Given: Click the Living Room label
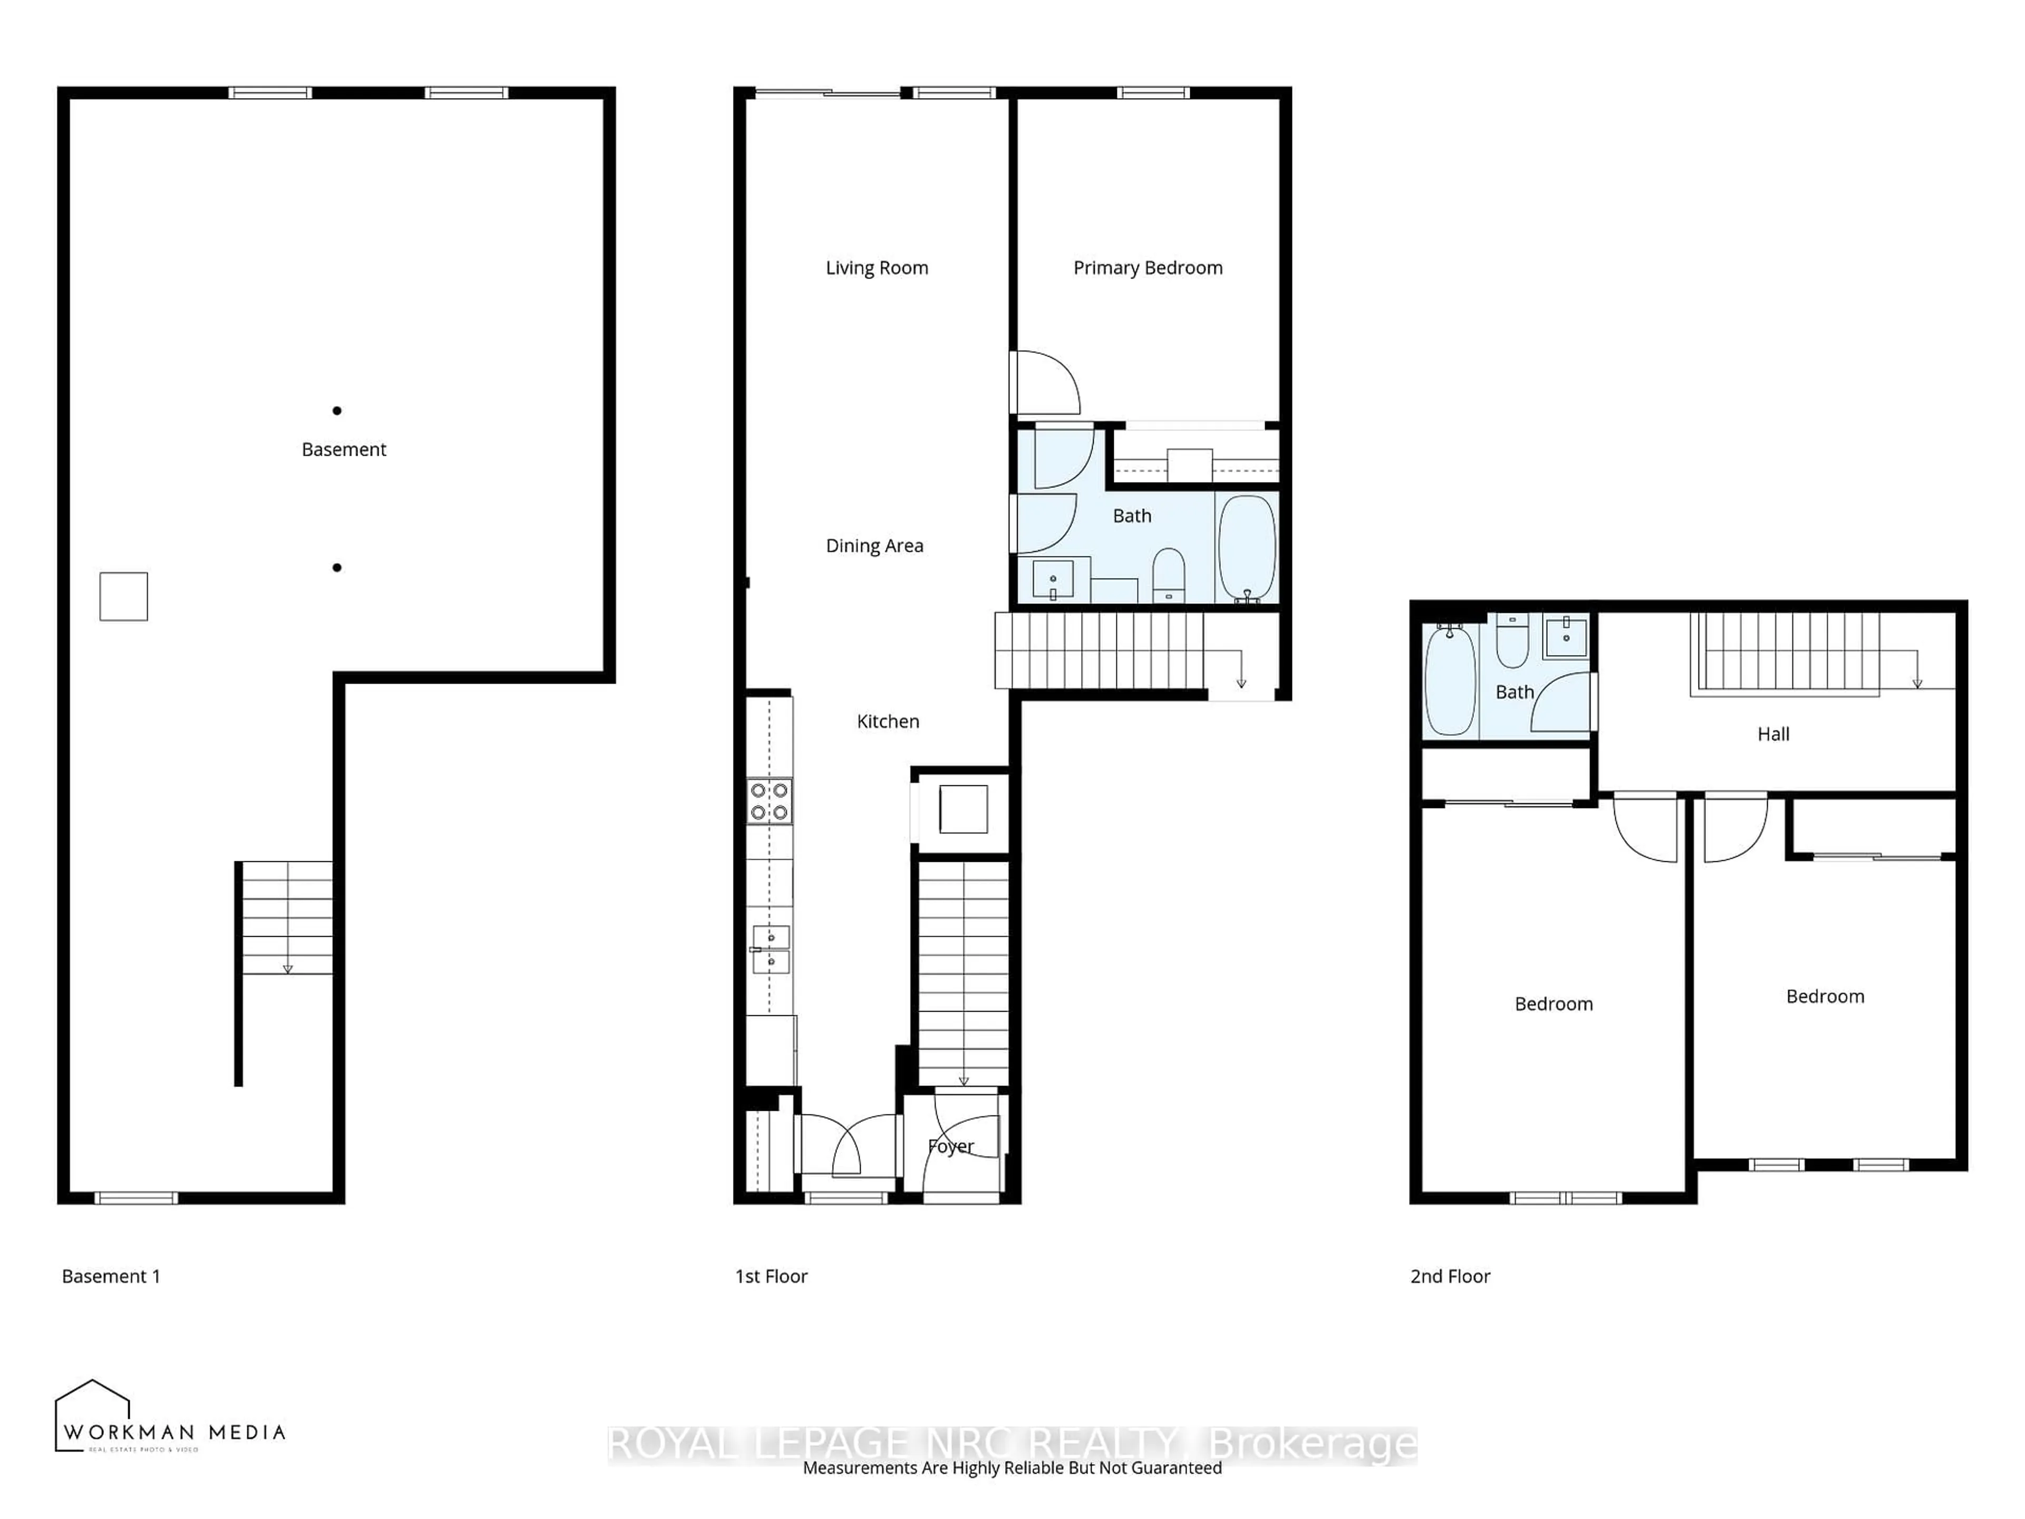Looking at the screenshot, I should pos(876,267).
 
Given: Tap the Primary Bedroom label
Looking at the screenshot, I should pos(1147,267).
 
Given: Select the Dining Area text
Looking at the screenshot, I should pos(874,546).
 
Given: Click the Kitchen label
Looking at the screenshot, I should pos(887,722).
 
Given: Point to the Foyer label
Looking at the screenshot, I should pos(950,1146).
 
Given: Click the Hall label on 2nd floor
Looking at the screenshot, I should pos(1772,734).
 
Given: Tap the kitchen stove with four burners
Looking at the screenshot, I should pos(769,801).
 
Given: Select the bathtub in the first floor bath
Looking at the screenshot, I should pos(1247,547).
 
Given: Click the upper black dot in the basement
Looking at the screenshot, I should pos(337,411).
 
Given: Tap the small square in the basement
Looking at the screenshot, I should pos(123,596).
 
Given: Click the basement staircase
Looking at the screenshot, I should pos(286,917).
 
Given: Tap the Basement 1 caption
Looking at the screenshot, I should pos(111,1276).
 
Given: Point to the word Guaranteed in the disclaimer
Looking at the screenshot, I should pos(1177,1468).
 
